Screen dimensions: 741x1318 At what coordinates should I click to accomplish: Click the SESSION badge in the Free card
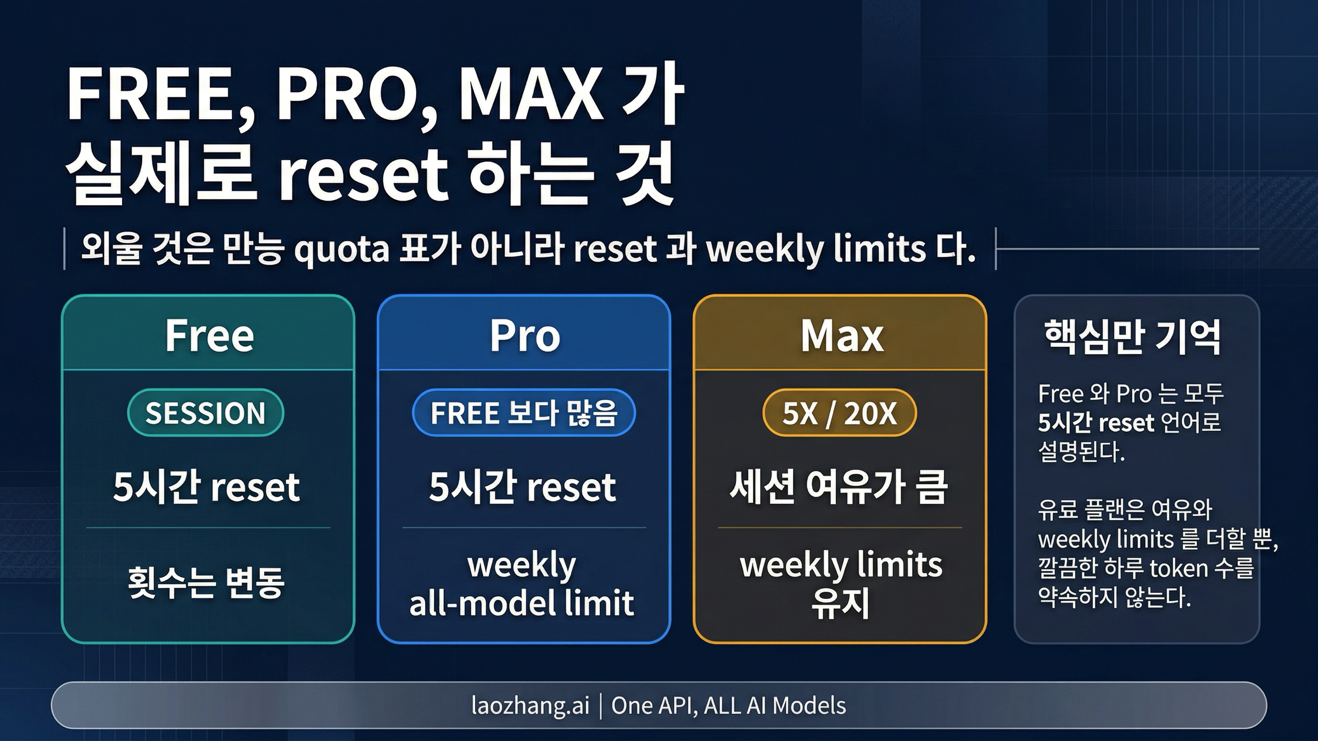click(x=205, y=413)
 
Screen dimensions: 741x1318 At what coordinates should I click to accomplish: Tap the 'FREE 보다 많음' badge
click(x=524, y=413)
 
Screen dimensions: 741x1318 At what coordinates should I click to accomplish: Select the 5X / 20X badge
click(x=839, y=413)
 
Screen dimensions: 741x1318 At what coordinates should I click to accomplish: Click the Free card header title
click(x=209, y=335)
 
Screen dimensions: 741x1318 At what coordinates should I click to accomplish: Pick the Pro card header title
click(x=525, y=335)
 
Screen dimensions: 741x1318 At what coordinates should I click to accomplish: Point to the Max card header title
click(x=842, y=335)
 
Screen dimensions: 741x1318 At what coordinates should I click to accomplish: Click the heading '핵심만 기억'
click(x=1132, y=337)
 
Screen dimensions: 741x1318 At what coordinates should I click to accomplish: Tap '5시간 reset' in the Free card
click(x=206, y=487)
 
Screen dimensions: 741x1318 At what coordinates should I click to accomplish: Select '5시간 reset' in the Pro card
click(x=522, y=487)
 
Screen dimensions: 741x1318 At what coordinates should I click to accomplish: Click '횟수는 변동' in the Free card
click(x=206, y=582)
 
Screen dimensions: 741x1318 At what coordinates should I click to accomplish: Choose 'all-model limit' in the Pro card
click(x=522, y=603)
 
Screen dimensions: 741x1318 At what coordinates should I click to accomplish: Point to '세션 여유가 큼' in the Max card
click(x=839, y=487)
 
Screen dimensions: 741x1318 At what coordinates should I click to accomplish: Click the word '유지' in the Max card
click(x=840, y=604)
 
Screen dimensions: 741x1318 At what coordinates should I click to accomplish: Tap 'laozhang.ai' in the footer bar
click(x=530, y=705)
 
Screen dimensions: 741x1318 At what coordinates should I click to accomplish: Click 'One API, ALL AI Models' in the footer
click(x=728, y=705)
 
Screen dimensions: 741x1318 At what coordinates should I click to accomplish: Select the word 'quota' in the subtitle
click(x=342, y=250)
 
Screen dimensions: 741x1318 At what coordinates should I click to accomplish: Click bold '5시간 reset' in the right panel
click(x=1096, y=423)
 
